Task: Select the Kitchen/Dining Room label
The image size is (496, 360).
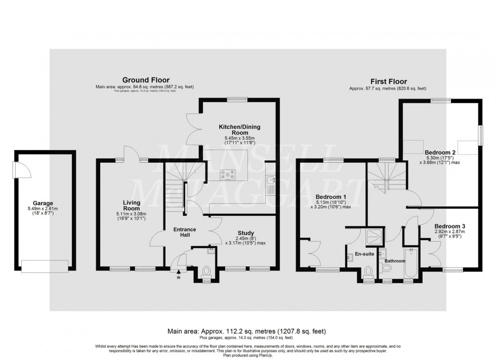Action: [239, 129]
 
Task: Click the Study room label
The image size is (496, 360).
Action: [245, 233]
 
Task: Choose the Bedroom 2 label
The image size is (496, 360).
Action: [440, 152]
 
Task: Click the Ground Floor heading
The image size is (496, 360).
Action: [146, 80]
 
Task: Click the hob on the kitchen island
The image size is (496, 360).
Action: [227, 175]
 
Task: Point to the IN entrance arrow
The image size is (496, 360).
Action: [178, 273]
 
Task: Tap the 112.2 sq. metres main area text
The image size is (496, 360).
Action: [247, 331]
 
